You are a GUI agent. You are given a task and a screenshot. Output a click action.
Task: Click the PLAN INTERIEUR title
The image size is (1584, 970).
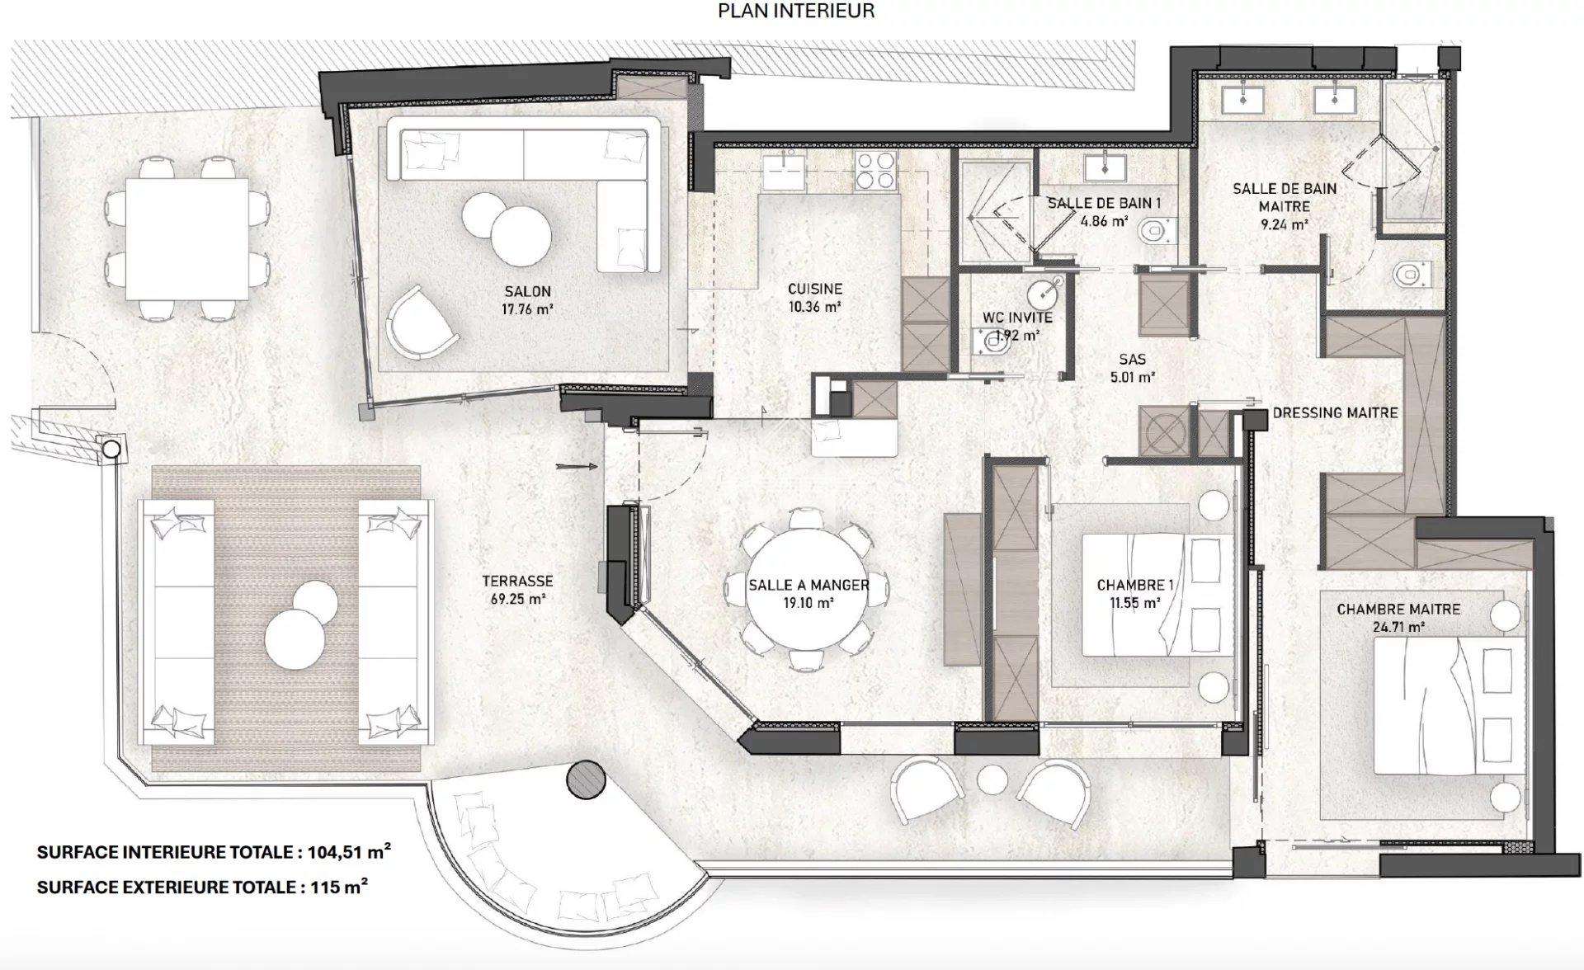pos(796,11)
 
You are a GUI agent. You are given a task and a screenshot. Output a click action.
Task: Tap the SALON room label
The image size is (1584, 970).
pos(527,291)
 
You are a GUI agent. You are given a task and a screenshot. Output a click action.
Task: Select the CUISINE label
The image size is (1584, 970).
pos(815,289)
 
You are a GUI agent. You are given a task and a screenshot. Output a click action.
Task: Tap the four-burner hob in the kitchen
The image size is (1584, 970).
pos(876,170)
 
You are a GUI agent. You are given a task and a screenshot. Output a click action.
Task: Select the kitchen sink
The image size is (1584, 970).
pos(780,170)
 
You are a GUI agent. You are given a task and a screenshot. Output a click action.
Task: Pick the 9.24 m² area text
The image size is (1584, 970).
pos(1285,224)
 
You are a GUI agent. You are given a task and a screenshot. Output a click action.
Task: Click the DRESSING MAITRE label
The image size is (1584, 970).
pos(1335,412)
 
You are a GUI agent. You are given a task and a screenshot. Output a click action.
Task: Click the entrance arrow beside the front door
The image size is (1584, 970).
pos(577,467)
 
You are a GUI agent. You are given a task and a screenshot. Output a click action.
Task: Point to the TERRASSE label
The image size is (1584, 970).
pos(517,582)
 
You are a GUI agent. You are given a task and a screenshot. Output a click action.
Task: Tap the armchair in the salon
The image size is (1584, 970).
pos(422,323)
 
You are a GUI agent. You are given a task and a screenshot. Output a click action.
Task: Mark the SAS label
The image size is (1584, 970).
pos(1132,360)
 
